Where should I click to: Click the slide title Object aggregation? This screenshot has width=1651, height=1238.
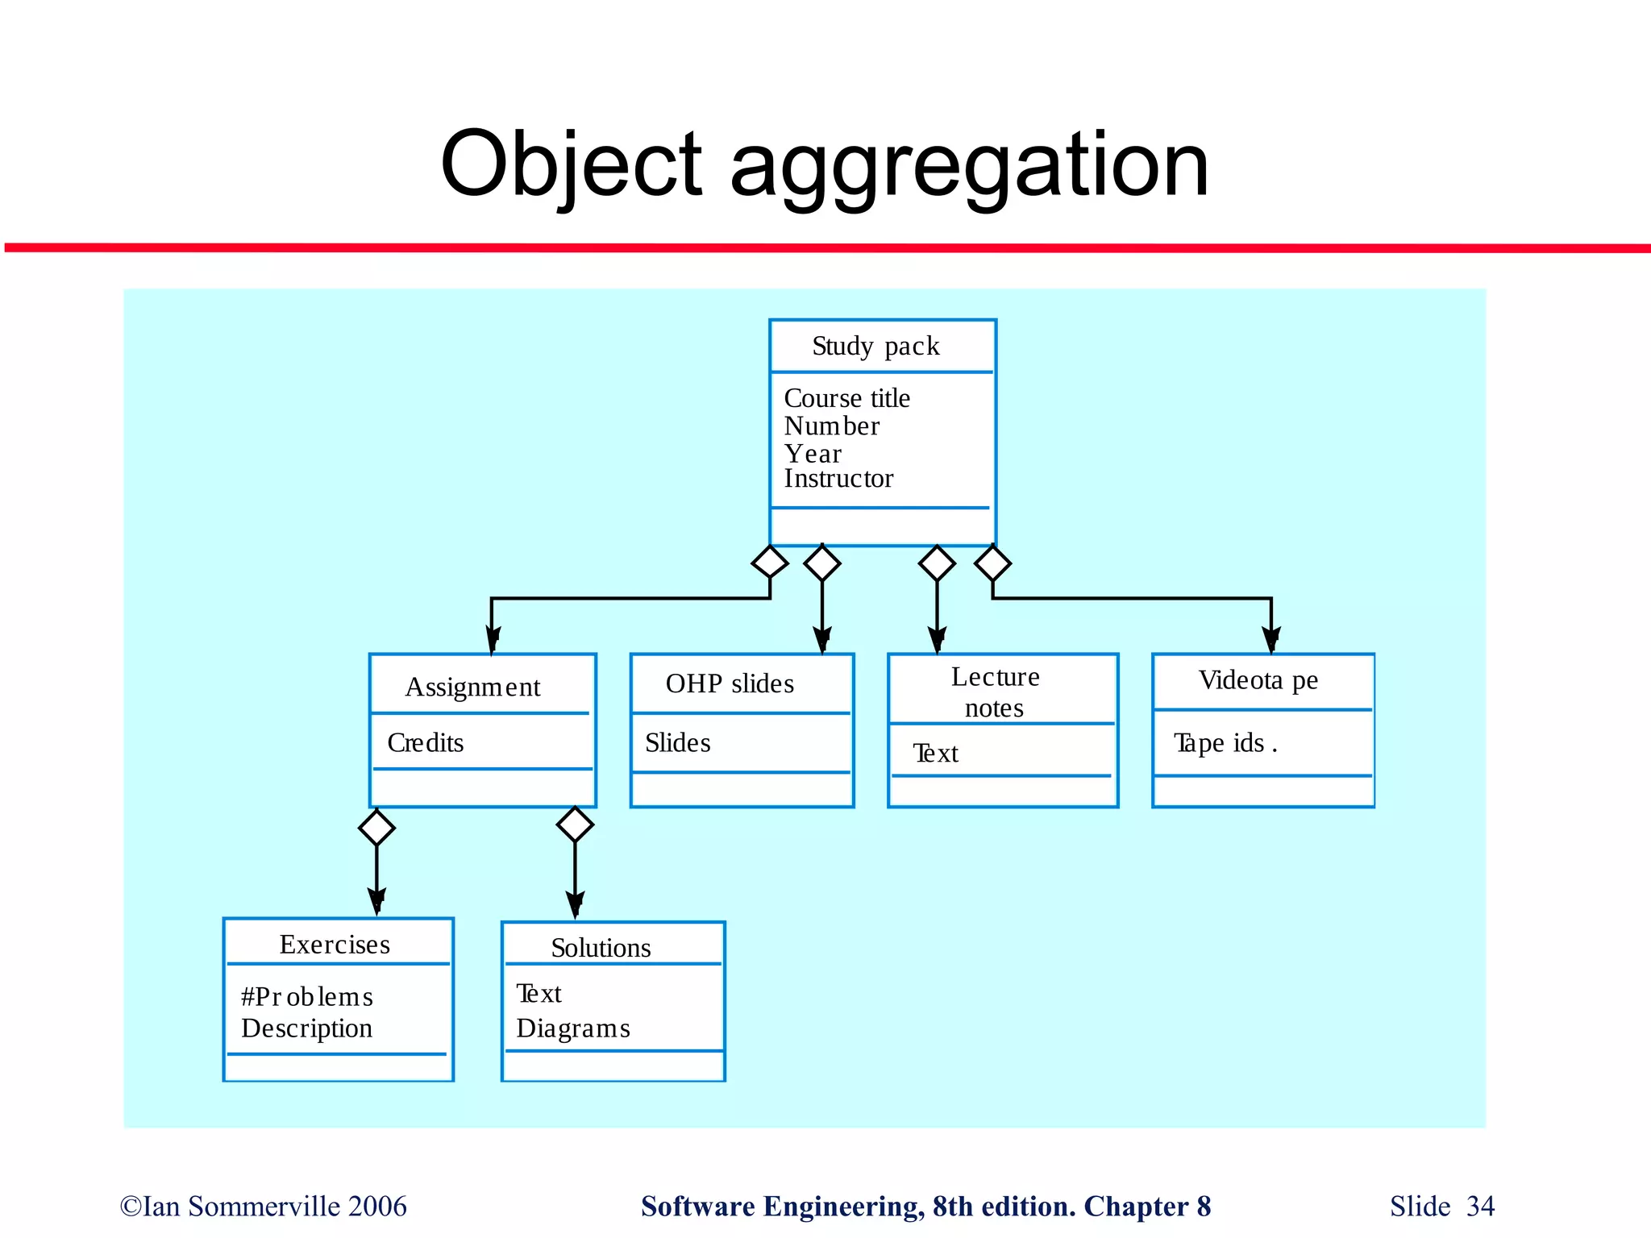pos(824,165)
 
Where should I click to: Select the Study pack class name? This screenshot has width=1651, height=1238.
pos(875,347)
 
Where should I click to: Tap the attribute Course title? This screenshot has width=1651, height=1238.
pos(846,398)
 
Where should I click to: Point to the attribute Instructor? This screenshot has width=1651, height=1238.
pos(838,479)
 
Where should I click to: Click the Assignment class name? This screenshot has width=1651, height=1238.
pos(472,688)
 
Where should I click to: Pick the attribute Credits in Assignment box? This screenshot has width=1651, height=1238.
pos(426,742)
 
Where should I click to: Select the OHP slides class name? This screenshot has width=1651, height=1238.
pos(730,684)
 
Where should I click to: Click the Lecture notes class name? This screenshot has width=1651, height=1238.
pos(995,692)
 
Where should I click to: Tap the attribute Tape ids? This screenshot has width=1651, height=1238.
pos(1225,742)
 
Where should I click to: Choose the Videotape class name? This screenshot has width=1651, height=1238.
pos(1258,681)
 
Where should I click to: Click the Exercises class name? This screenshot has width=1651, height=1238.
pos(335,945)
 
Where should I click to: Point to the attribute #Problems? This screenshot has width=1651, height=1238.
pos(307,997)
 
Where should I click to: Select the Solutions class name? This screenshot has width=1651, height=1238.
pos(601,949)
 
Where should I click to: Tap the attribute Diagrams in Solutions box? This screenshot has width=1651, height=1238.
pos(573,1028)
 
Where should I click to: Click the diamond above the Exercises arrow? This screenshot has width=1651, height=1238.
pos(376,828)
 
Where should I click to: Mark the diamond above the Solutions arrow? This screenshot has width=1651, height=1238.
pos(575,825)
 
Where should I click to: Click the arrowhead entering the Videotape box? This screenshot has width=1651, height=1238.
pos(1271,640)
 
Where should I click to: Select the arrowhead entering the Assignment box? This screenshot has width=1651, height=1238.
pos(492,640)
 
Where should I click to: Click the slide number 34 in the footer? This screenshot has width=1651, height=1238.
pos(1480,1207)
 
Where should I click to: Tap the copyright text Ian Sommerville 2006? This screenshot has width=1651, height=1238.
pos(264,1207)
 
